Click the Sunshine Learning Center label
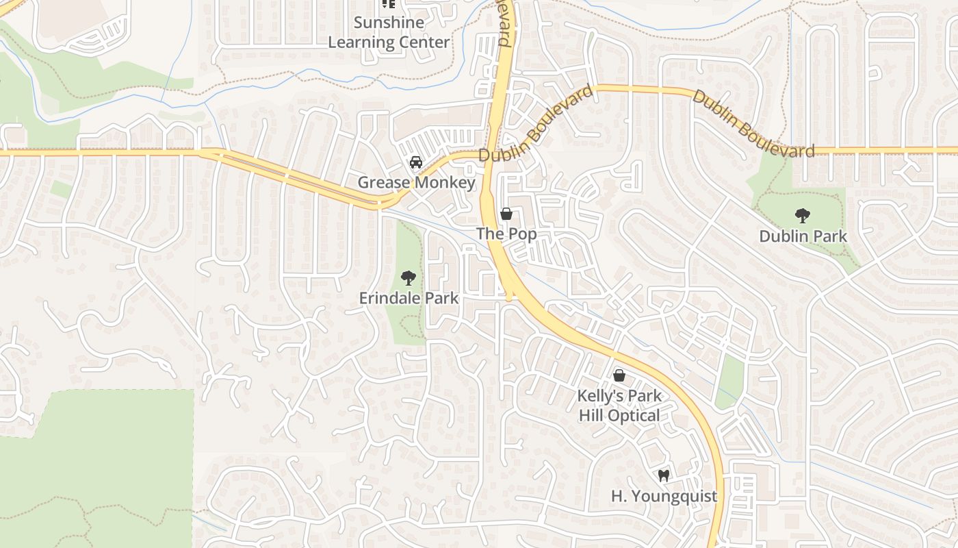(389, 32)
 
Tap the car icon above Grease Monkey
(415, 162)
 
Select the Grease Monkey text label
(416, 182)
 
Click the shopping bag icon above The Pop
(506, 214)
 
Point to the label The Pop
(506, 234)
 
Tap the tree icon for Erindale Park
(409, 278)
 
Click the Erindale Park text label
(409, 299)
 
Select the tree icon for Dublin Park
(803, 216)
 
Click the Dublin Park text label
(803, 236)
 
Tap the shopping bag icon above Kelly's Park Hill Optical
(619, 375)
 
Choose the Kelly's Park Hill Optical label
(619, 406)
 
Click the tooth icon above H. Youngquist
(663, 475)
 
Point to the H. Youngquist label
(664, 496)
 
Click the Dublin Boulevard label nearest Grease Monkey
(536, 124)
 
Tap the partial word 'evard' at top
(504, 24)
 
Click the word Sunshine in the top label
(389, 23)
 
